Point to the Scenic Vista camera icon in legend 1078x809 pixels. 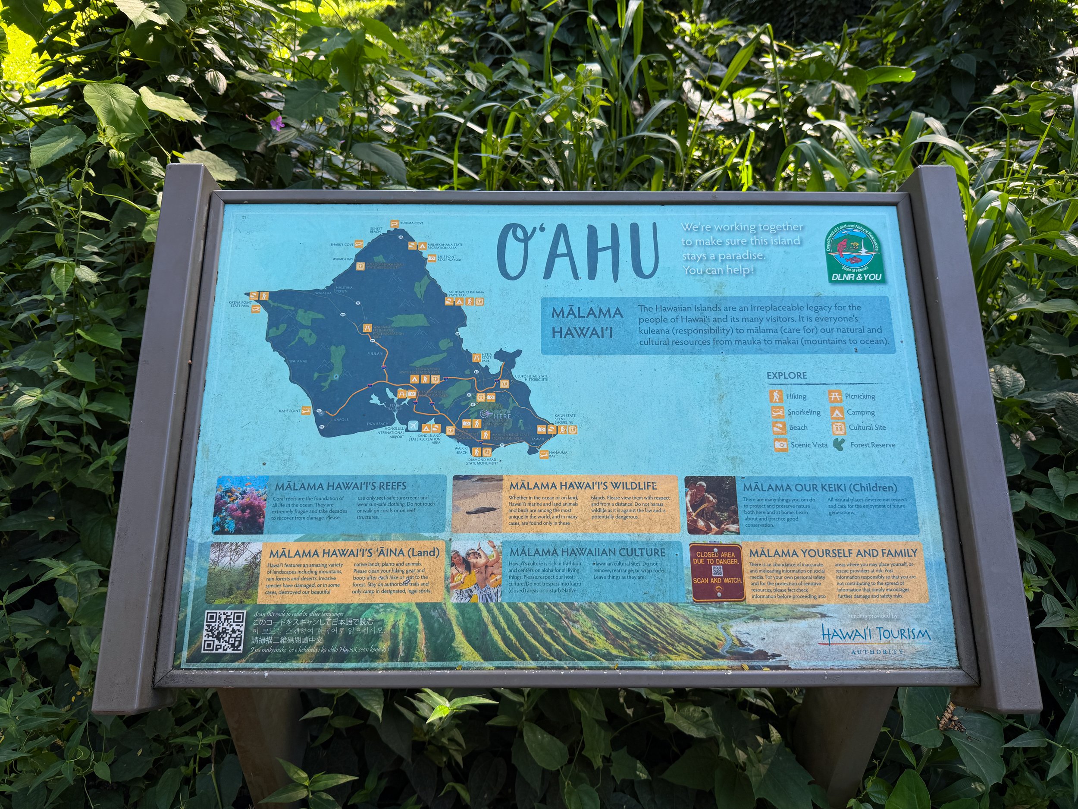coord(781,445)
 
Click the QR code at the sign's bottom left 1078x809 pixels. coord(224,632)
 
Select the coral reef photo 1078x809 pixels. coord(241,505)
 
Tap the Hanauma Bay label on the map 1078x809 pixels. coord(558,454)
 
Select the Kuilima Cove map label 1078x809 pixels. coord(411,223)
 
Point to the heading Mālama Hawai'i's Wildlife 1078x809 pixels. coord(583,486)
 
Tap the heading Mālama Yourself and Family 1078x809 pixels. coord(833,553)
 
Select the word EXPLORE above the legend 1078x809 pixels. coord(787,375)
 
